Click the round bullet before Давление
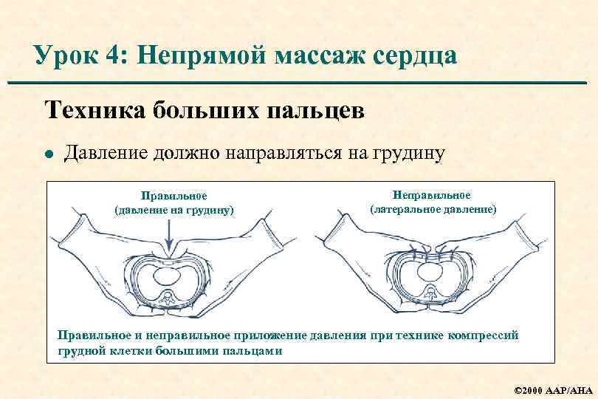[49, 154]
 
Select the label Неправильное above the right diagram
[432, 194]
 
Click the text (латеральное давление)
[433, 209]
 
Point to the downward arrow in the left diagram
[170, 236]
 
